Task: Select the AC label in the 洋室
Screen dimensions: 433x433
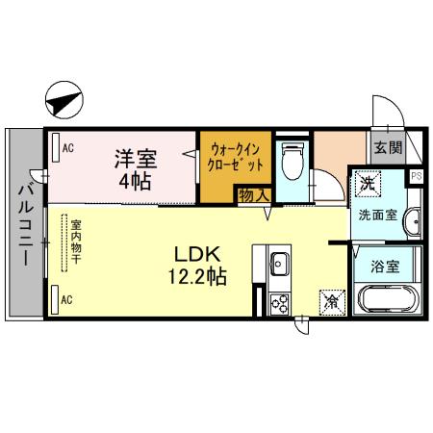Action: (68, 147)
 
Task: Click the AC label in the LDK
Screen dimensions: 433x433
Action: (67, 299)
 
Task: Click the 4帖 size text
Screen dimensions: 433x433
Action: (135, 181)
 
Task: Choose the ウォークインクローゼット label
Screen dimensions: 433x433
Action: (233, 157)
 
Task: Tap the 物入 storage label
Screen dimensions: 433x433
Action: (254, 194)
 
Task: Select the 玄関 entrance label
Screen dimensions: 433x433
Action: (388, 148)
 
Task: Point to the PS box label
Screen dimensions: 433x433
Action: (416, 176)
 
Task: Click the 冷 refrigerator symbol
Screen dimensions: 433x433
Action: (331, 301)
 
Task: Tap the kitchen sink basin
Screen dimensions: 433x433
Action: (279, 263)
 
